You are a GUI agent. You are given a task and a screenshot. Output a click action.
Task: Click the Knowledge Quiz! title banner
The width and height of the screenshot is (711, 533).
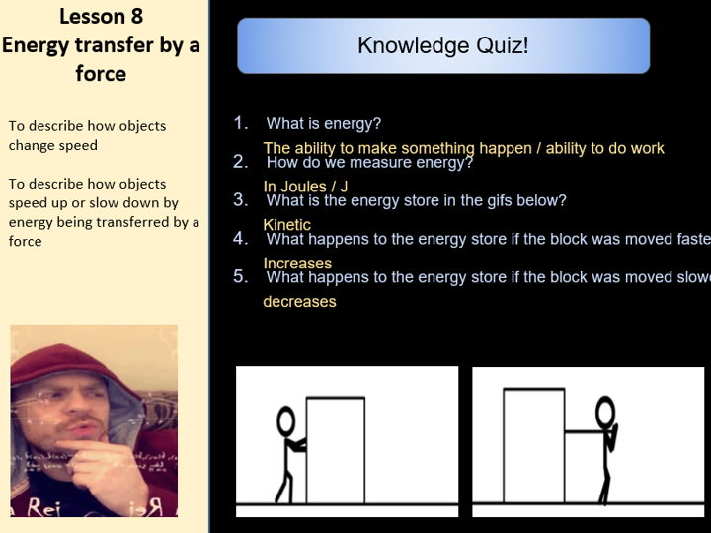click(x=443, y=45)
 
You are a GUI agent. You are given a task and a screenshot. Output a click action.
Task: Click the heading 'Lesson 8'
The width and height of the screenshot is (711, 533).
click(x=100, y=16)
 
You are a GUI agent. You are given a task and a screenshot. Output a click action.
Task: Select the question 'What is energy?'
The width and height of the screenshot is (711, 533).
click(x=323, y=124)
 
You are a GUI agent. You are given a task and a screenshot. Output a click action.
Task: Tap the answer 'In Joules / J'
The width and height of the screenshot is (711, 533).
click(x=305, y=186)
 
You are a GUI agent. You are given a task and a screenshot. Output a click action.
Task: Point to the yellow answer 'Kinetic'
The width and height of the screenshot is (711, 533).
click(x=286, y=225)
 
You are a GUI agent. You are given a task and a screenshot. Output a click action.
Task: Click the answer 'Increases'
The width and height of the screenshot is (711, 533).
click(x=297, y=264)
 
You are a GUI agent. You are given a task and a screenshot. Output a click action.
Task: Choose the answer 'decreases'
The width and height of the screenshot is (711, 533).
click(x=299, y=302)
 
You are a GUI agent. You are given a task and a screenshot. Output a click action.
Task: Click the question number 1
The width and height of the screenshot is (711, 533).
click(x=241, y=124)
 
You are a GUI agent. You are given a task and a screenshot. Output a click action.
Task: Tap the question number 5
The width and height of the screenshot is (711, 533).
click(x=241, y=277)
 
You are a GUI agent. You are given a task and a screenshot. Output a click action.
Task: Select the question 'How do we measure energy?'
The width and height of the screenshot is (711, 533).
click(x=369, y=163)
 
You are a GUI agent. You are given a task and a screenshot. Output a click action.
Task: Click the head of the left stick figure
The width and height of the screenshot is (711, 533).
click(x=286, y=422)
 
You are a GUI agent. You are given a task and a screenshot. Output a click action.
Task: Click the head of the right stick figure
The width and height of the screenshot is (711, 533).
click(x=605, y=411)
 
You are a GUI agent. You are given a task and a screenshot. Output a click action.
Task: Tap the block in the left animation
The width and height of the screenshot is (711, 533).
click(x=336, y=449)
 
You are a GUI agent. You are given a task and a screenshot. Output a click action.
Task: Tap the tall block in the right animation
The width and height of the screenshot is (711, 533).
click(x=534, y=444)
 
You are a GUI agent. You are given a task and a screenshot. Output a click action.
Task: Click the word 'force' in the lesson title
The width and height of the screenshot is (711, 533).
click(x=100, y=73)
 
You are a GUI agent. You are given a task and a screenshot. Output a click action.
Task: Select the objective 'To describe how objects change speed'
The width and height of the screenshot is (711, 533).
click(x=87, y=135)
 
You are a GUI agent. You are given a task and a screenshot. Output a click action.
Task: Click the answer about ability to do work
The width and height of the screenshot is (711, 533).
click(x=463, y=148)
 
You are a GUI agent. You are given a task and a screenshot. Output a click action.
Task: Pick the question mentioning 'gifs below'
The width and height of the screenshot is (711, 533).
click(x=416, y=201)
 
